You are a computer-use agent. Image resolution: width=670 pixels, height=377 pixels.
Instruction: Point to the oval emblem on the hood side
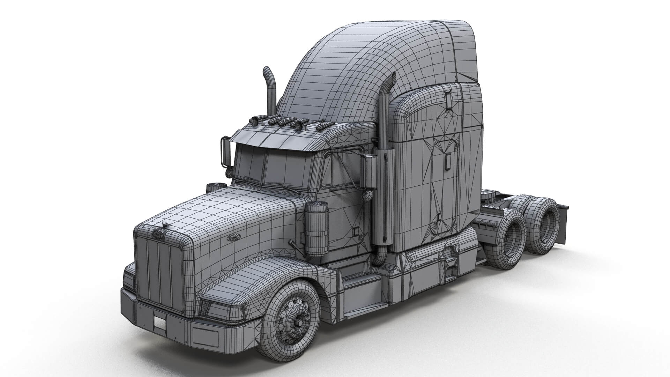click(232, 238)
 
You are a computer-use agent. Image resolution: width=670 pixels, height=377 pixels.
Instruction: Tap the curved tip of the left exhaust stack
click(266, 71)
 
